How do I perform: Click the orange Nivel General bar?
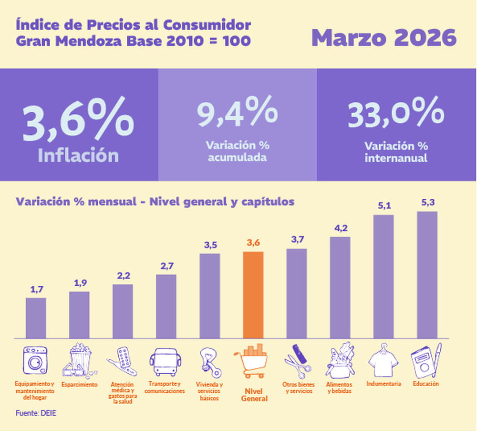(253, 295)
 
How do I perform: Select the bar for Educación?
(427, 275)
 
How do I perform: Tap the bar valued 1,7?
(36, 318)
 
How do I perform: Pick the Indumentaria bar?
(384, 277)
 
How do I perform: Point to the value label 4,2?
(340, 228)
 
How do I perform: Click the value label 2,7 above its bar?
(166, 266)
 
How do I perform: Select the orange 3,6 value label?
(253, 243)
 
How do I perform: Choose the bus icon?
(166, 362)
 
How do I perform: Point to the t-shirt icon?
(384, 360)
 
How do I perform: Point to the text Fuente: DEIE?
(36, 413)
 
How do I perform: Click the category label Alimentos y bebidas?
(340, 388)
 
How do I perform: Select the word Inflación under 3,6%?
(78, 156)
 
